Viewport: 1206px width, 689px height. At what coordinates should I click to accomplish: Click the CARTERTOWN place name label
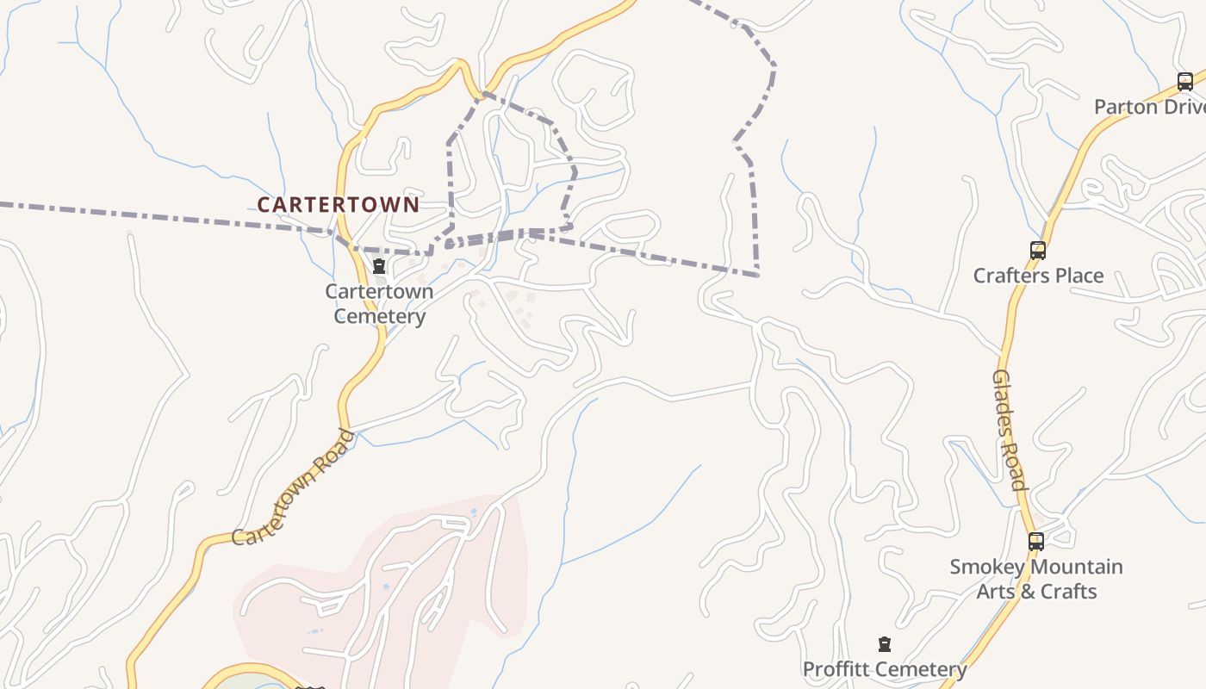[x=338, y=205]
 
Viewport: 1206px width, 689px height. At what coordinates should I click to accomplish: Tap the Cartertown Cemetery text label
[x=379, y=303]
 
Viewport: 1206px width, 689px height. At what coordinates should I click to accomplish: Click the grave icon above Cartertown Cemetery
[x=378, y=267]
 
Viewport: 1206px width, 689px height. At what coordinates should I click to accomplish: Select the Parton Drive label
[x=1149, y=107]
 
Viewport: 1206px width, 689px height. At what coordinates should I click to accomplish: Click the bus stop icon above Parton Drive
[x=1185, y=82]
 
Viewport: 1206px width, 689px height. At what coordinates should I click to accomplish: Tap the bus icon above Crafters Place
[x=1038, y=251]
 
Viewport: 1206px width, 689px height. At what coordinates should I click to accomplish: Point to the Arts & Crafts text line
[x=1035, y=592]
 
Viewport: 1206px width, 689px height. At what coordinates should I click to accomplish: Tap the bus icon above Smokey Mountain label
[x=1036, y=542]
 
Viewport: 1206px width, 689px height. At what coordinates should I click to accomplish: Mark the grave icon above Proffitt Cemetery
[x=884, y=644]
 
